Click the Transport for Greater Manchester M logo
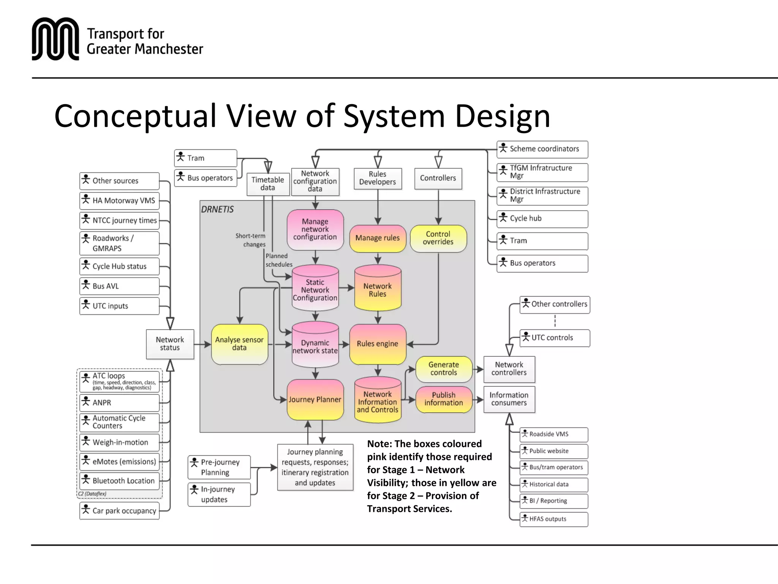pos(55,39)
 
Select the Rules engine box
pos(378,344)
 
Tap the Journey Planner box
pos(315,400)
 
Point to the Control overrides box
pos(438,238)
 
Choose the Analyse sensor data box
pos(239,344)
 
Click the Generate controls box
pos(444,369)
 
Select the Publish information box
pos(444,399)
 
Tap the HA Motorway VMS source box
pos(119,201)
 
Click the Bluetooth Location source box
pos(119,481)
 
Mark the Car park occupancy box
pos(119,511)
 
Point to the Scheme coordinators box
pos(542,149)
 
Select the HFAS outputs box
pos(553,519)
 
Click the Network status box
pos(170,344)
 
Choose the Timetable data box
pos(268,184)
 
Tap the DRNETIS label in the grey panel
pos(217,209)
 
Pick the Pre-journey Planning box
pos(219,467)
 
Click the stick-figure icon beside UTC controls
pos(526,336)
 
